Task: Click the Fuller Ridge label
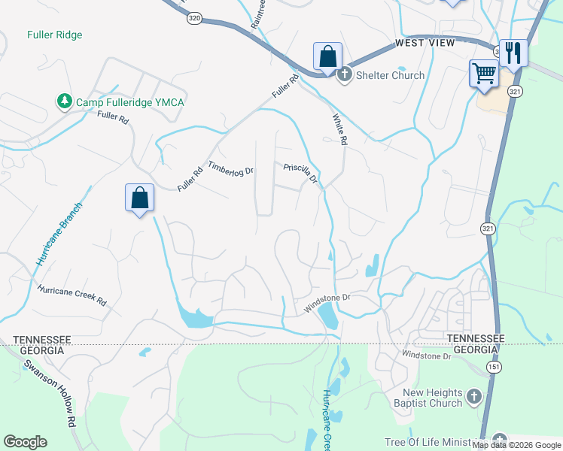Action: pyautogui.click(x=54, y=35)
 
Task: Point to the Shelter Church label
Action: pyautogui.click(x=391, y=75)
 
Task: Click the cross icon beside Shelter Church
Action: pyautogui.click(x=345, y=74)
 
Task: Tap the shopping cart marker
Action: pyautogui.click(x=484, y=74)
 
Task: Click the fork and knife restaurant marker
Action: pyautogui.click(x=513, y=53)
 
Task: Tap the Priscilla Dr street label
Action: pyautogui.click(x=301, y=174)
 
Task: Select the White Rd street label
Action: pyautogui.click(x=340, y=129)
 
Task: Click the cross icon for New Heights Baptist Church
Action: pyautogui.click(x=474, y=396)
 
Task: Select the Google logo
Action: pyautogui.click(x=25, y=442)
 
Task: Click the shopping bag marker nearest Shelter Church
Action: pyautogui.click(x=328, y=56)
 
